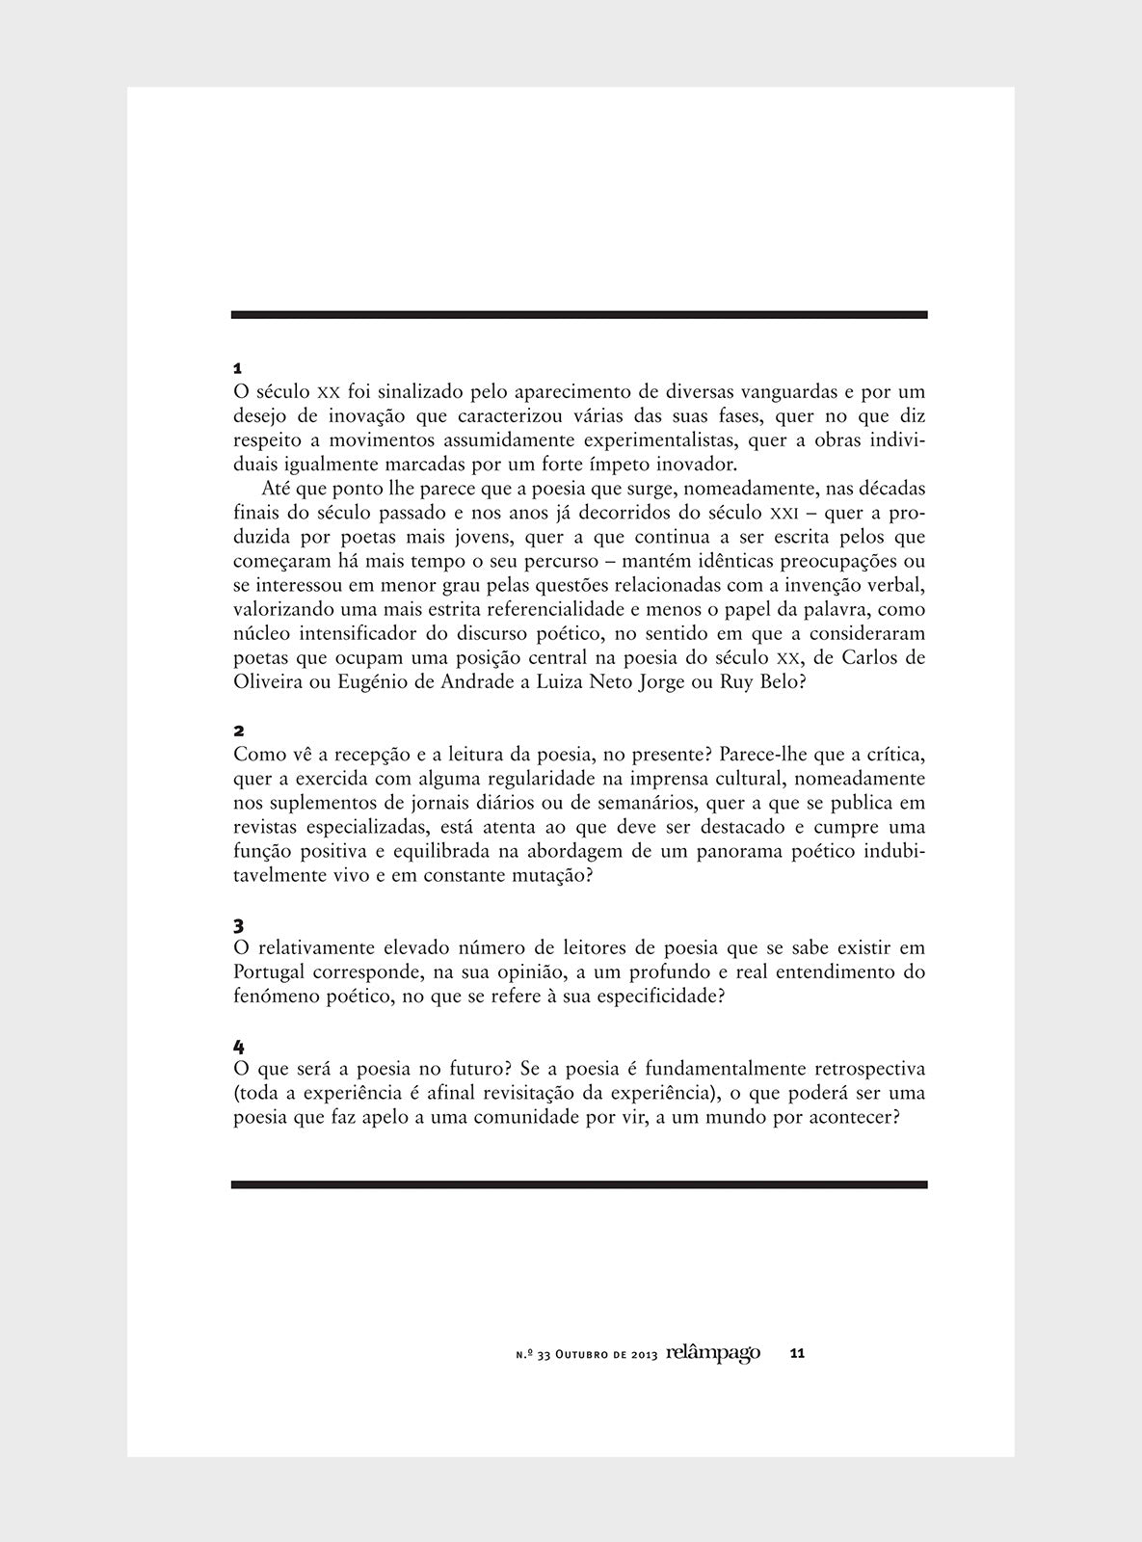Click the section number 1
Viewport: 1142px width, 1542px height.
pyautogui.click(x=237, y=369)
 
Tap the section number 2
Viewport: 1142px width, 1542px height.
pyautogui.click(x=238, y=731)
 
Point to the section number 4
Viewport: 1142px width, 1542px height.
pyautogui.click(x=238, y=1048)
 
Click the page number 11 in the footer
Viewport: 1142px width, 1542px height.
pyautogui.click(x=797, y=1354)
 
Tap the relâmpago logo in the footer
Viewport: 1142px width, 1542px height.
pyautogui.click(x=712, y=1353)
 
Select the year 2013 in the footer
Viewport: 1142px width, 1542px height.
pyautogui.click(x=644, y=1355)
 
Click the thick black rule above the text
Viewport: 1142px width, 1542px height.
pyautogui.click(x=578, y=315)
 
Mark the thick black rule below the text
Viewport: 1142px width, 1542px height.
pyautogui.click(x=578, y=1184)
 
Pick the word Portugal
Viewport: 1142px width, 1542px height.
pyautogui.click(x=270, y=972)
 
